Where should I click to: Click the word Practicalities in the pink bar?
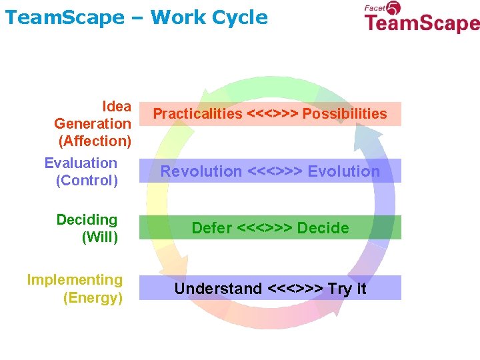(x=197, y=114)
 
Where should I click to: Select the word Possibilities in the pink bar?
(x=345, y=114)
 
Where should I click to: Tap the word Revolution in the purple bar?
(x=201, y=171)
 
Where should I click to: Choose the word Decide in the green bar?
(x=323, y=228)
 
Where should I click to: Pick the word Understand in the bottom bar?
(x=218, y=289)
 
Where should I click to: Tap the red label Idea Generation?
(x=93, y=115)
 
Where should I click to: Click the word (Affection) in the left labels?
(x=95, y=141)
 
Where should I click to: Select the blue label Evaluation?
(x=81, y=163)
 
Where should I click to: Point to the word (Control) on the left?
(x=87, y=180)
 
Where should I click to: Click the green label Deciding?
(x=87, y=220)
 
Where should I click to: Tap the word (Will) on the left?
(x=99, y=237)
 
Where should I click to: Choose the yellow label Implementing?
(x=75, y=280)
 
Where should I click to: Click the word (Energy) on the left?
(x=93, y=297)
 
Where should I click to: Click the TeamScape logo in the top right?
(x=421, y=20)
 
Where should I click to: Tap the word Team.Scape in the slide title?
(x=64, y=17)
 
